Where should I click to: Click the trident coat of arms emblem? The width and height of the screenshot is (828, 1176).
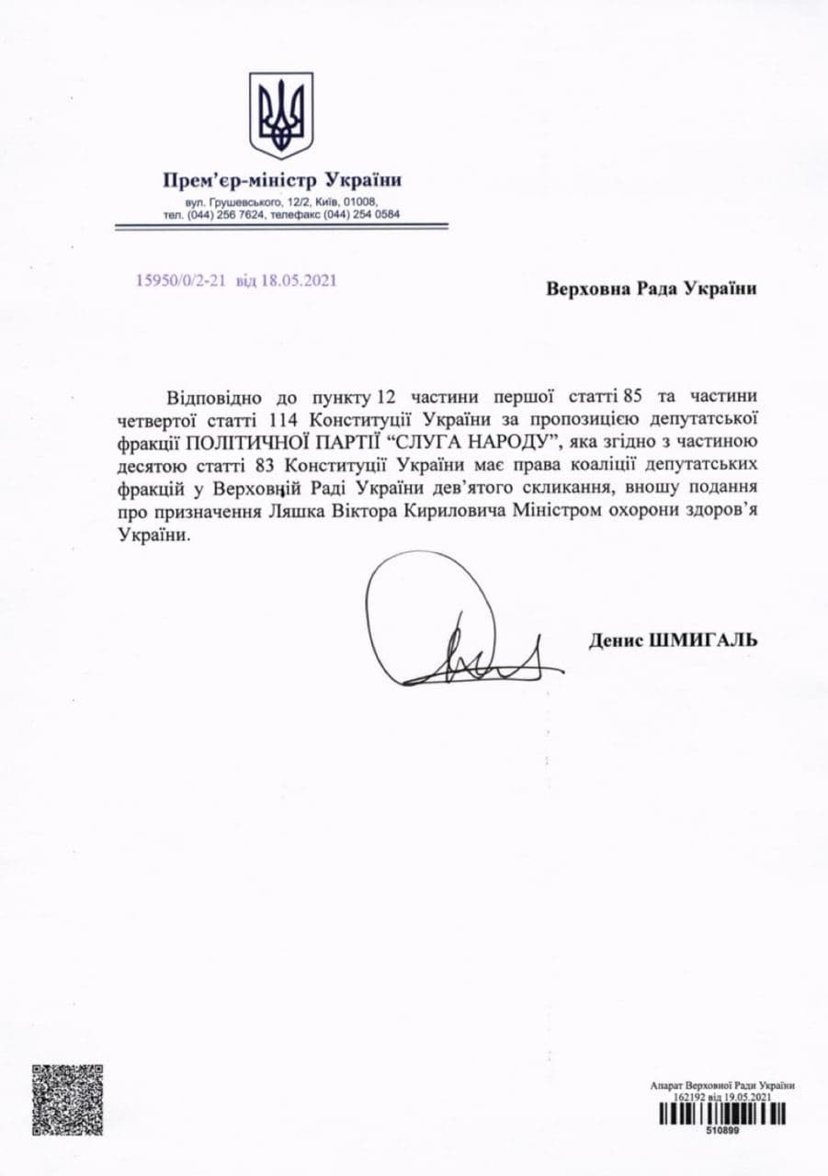[x=281, y=116]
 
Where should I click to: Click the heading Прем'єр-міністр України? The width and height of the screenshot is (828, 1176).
[x=281, y=180]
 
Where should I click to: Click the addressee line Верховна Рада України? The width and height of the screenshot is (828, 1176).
[x=652, y=288]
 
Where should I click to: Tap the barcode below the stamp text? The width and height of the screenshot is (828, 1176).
[x=721, y=1114]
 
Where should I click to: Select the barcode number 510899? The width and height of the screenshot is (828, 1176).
[x=721, y=1131]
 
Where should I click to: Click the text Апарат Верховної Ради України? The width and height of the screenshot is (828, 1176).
[x=721, y=1086]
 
